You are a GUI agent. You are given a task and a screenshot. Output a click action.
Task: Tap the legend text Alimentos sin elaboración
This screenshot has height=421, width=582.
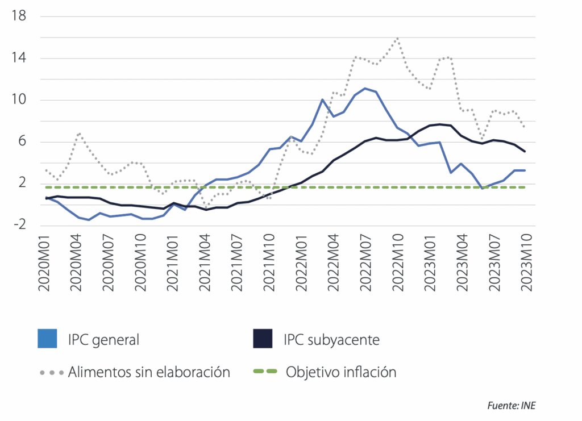point(149,373)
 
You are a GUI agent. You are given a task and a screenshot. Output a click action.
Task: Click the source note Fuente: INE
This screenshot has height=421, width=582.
point(512,406)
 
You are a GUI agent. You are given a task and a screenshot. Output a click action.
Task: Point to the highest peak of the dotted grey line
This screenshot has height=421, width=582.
point(397,39)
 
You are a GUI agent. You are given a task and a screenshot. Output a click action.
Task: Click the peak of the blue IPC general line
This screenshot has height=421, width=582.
point(365,88)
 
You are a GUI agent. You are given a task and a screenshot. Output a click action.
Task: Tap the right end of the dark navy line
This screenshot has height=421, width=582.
point(524,152)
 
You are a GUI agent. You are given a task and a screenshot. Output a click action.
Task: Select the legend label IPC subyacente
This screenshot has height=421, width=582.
point(331,340)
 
